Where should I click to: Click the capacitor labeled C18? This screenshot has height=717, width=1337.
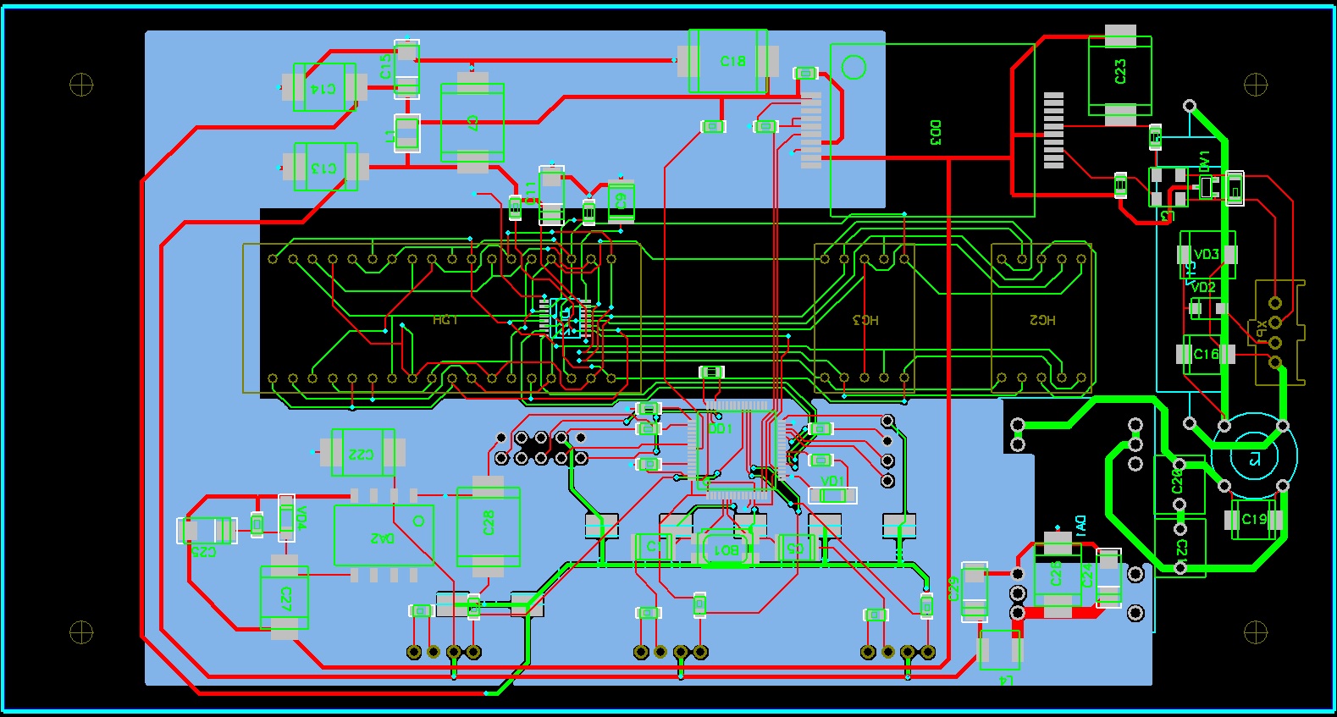[x=732, y=61]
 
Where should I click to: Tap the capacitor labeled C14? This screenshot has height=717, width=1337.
[x=325, y=87]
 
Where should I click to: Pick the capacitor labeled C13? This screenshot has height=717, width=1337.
[x=325, y=168]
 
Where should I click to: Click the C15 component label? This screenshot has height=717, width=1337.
[x=386, y=66]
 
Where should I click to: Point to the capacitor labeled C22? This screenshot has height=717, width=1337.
[x=362, y=453]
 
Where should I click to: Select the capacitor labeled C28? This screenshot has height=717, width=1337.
[x=488, y=525]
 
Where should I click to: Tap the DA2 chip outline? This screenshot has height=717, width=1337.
[x=384, y=536]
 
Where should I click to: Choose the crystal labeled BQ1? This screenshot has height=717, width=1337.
[x=727, y=549]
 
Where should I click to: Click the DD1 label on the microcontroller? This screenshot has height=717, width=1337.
[x=721, y=429]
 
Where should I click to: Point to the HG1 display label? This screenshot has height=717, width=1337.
[x=445, y=320]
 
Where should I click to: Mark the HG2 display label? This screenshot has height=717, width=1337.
[x=1042, y=320]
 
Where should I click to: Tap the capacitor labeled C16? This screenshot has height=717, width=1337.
[x=1206, y=354]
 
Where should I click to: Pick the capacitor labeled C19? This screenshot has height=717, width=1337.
[x=1254, y=519]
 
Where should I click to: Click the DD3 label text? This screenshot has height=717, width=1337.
[x=936, y=133]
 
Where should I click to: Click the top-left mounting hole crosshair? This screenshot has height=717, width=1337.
[x=81, y=85]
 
